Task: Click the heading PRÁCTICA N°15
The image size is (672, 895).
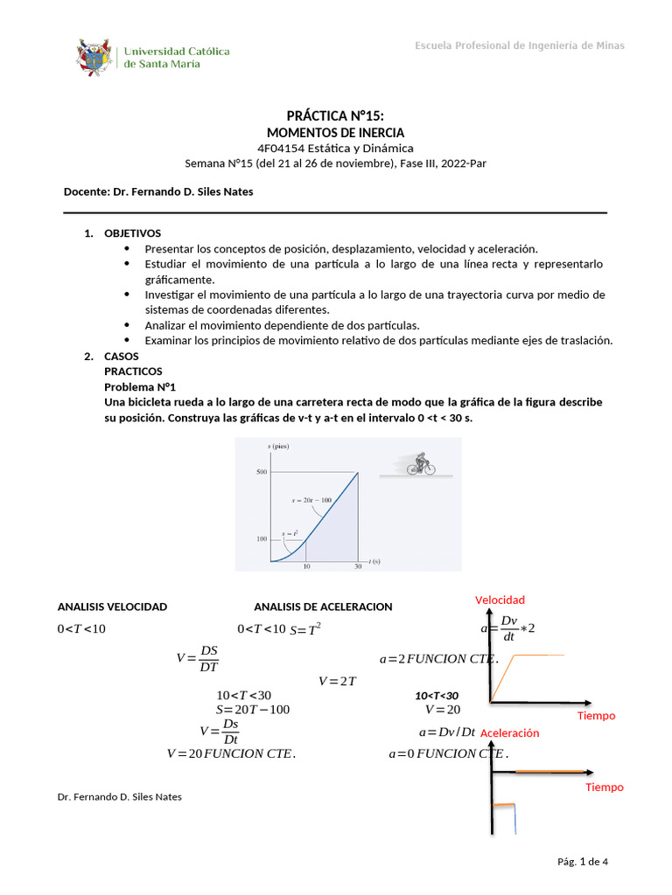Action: point(335,116)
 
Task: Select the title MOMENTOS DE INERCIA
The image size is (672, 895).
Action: point(335,133)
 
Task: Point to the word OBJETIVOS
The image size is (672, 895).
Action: point(132,234)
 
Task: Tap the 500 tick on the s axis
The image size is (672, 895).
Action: point(261,472)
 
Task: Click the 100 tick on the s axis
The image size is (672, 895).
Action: point(261,539)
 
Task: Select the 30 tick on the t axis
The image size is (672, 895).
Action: point(357,567)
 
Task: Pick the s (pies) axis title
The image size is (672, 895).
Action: point(278,447)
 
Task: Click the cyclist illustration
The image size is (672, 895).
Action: point(421,464)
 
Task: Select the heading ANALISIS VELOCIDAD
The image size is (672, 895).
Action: point(112,607)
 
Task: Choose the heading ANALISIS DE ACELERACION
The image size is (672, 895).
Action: point(323,607)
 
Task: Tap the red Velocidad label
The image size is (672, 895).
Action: point(500,600)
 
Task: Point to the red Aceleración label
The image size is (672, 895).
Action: point(510,733)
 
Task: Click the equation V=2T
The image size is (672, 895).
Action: point(337,681)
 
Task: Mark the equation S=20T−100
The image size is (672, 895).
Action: point(252,709)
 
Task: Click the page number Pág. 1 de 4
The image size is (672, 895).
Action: point(582,862)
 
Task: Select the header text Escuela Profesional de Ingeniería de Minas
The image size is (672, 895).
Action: point(519,45)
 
